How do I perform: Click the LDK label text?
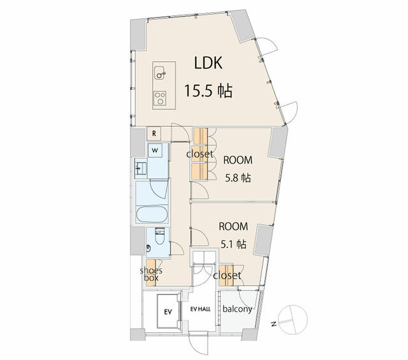tap(208, 63)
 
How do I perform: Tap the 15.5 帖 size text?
tap(208, 91)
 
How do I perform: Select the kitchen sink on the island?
tap(159, 73)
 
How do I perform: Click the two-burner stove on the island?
tap(160, 98)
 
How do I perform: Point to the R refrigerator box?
tap(154, 134)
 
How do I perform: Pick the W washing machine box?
tap(155, 150)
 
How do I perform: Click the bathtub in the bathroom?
tap(152, 214)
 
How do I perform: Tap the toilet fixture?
tap(159, 236)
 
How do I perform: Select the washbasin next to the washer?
tap(141, 169)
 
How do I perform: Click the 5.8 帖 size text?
tap(238, 178)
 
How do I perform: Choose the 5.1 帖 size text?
tap(233, 244)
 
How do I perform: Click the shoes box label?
tap(151, 274)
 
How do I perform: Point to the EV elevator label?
tap(168, 312)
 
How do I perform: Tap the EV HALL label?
tap(200, 309)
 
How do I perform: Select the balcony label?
tap(237, 309)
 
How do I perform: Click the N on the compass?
tap(273, 324)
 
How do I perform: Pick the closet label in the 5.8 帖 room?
tap(200, 154)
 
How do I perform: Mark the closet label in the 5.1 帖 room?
tap(227, 275)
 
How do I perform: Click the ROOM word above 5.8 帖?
tap(238, 160)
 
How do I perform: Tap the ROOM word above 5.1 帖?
tap(233, 227)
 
